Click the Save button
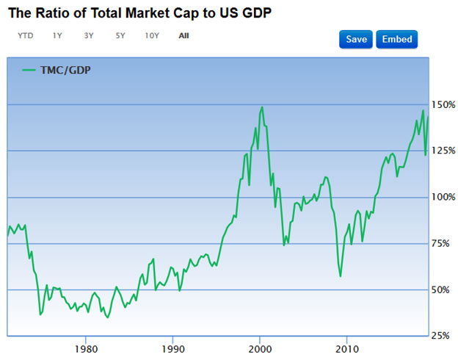(x=356, y=39)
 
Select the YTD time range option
(x=26, y=35)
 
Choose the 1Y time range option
(x=57, y=35)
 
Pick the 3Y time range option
(x=89, y=35)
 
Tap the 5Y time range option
(x=120, y=35)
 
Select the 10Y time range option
(x=152, y=35)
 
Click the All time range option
(x=183, y=35)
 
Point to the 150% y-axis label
(x=444, y=105)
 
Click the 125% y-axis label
(x=444, y=151)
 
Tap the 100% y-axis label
(x=444, y=198)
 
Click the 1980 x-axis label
(x=86, y=348)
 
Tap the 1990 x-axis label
(x=172, y=348)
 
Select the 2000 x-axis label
(x=259, y=348)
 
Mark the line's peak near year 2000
(x=262, y=107)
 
